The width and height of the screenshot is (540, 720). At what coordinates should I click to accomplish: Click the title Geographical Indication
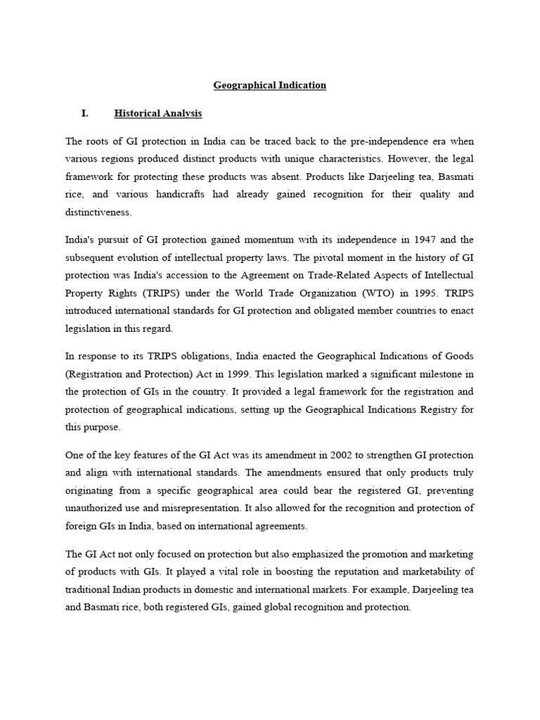[x=270, y=85]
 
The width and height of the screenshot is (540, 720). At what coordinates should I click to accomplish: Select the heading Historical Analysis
[x=157, y=113]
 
